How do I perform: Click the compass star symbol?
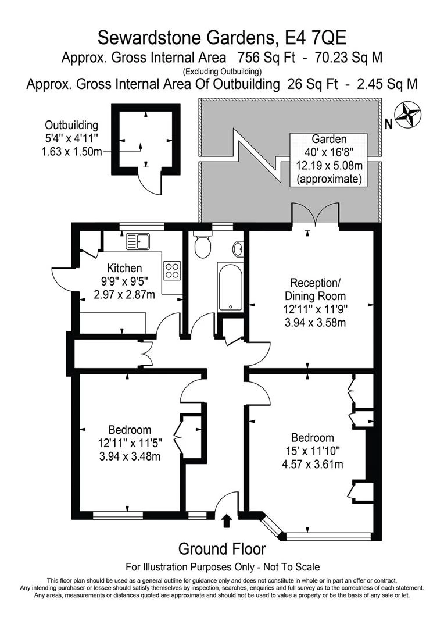(x=407, y=115)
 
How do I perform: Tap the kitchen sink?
(x=138, y=241)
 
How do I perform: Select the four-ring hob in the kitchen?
(x=173, y=270)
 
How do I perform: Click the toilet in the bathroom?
(x=203, y=245)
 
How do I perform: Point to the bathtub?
(x=230, y=286)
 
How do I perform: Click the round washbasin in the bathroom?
(x=238, y=248)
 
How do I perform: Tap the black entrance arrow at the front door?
(x=227, y=520)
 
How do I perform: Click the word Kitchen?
(x=124, y=267)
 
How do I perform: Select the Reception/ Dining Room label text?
(x=315, y=290)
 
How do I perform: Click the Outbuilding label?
(x=71, y=125)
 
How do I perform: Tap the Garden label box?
(x=329, y=159)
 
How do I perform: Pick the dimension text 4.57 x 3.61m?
(x=312, y=464)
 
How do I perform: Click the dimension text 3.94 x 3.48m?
(x=130, y=456)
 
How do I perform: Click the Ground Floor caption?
(x=222, y=549)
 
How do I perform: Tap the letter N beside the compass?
(x=388, y=124)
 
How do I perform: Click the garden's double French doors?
(x=316, y=214)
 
